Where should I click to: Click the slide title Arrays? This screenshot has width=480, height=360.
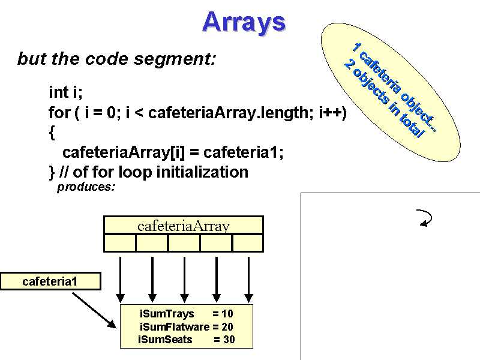244,22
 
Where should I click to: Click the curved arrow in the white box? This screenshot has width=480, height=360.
425,218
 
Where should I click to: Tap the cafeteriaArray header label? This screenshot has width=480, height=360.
184,226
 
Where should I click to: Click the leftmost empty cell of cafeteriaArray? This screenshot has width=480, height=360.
120,242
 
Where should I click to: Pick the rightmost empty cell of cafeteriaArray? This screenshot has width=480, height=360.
248,242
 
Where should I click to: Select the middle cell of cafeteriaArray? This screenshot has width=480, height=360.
184,242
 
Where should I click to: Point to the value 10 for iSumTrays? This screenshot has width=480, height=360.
227,314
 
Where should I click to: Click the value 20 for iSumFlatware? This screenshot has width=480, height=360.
227,327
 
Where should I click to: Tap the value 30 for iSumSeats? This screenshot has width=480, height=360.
229,340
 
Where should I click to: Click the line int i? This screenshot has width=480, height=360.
65,92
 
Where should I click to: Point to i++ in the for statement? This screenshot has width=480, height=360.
332,112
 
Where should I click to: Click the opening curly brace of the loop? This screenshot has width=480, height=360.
52,132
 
